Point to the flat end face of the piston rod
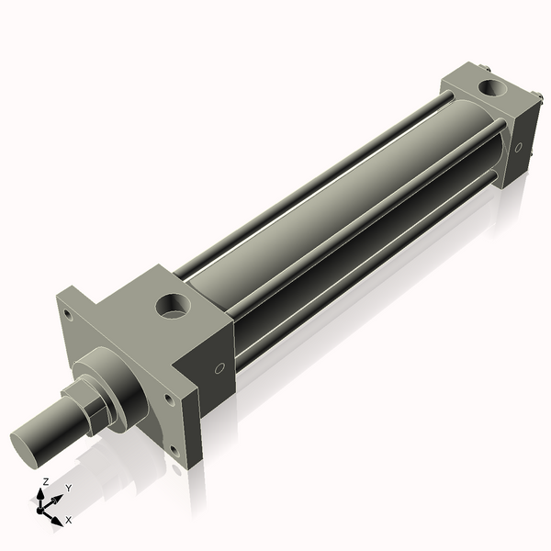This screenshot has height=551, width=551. (28, 444)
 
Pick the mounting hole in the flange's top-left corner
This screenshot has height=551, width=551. (67, 311)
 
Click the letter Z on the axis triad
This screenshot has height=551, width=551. (46, 481)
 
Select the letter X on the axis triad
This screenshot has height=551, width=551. (68, 520)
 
